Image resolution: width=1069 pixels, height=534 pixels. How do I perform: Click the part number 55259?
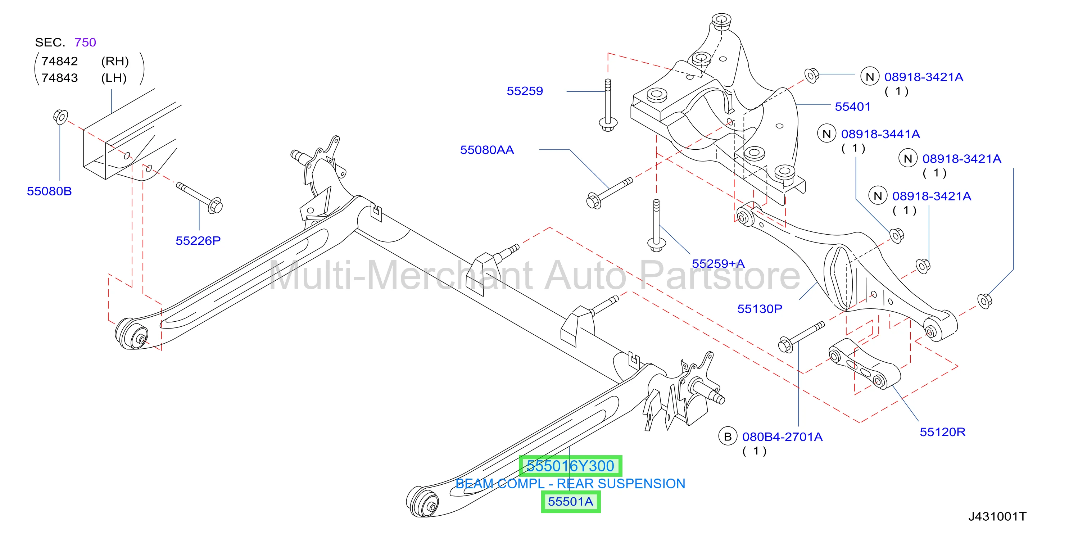click(x=525, y=91)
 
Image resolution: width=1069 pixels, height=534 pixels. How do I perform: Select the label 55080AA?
click(x=487, y=150)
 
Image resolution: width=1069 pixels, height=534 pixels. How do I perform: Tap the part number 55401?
click(x=852, y=107)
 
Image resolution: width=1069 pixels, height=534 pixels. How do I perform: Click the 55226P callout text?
click(x=198, y=241)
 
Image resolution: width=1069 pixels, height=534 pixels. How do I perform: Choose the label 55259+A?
click(x=718, y=263)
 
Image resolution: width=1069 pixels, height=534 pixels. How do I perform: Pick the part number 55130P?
click(x=760, y=309)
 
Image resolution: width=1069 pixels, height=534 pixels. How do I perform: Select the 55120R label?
click(x=942, y=432)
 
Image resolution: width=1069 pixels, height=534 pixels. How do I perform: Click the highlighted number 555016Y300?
click(x=570, y=466)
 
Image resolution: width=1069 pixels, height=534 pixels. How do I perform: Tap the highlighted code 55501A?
click(x=571, y=502)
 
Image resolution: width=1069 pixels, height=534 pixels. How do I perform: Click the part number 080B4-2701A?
click(x=782, y=437)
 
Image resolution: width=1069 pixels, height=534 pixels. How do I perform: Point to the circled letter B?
click(x=728, y=436)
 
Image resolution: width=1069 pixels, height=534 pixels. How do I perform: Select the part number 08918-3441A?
click(x=880, y=134)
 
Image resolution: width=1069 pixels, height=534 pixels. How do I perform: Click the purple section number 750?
click(x=85, y=42)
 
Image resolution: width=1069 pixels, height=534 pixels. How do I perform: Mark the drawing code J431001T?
click(x=997, y=517)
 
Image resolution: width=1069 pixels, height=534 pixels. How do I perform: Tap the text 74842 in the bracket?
click(x=60, y=61)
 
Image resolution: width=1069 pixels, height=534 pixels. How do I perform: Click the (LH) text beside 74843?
click(x=114, y=78)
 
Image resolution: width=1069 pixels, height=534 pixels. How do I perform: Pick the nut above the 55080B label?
click(x=60, y=116)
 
